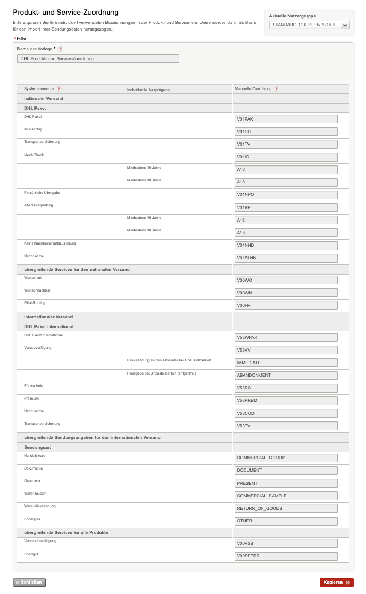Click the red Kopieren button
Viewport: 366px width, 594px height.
coord(337,583)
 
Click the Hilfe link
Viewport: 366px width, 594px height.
coord(21,38)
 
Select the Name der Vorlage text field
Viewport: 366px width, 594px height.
coord(98,58)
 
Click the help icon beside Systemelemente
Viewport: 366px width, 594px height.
coord(59,88)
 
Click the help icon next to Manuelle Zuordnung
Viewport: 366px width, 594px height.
coord(276,88)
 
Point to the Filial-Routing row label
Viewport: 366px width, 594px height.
coord(35,303)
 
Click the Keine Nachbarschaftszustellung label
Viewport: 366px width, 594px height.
coord(50,243)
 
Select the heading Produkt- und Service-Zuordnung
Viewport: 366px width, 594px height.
coord(66,12)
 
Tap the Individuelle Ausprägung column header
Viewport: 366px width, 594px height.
coord(149,89)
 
